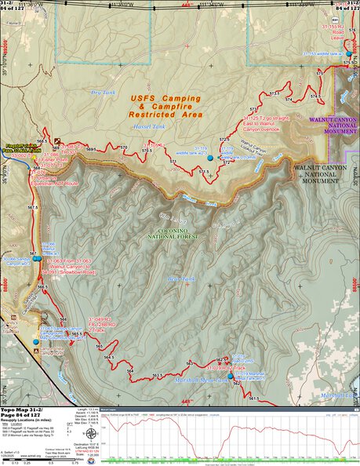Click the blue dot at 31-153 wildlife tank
click(348, 53)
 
